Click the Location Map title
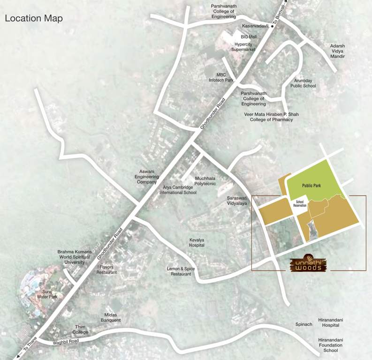click(x=33, y=19)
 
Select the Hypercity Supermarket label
click(x=245, y=46)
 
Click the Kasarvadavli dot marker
click(x=272, y=26)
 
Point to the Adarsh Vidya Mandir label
click(x=337, y=51)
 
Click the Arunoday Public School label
click(x=303, y=83)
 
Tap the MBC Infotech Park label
click(x=221, y=77)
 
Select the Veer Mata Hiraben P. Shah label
click(x=271, y=114)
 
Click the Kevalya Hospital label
click(x=197, y=242)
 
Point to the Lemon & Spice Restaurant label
click(x=181, y=271)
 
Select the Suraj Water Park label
click(x=47, y=293)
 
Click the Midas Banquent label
click(x=111, y=317)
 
